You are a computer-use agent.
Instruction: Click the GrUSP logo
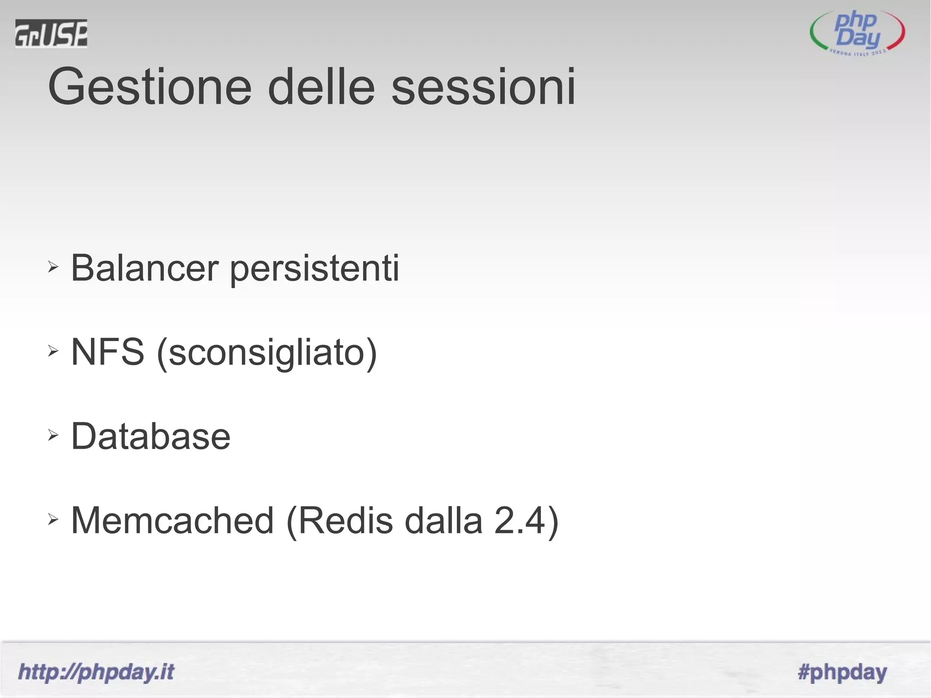pyautogui.click(x=51, y=33)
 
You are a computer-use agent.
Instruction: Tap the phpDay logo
pyautogui.click(x=857, y=33)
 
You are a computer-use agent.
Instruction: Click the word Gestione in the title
pyautogui.click(x=150, y=87)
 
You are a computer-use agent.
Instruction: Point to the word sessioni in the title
pyautogui.click(x=483, y=87)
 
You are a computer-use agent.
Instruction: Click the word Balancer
pyautogui.click(x=145, y=268)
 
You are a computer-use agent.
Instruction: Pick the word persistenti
pyautogui.click(x=314, y=269)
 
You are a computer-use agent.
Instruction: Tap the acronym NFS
pyautogui.click(x=108, y=352)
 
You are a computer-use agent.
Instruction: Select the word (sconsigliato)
pyautogui.click(x=267, y=353)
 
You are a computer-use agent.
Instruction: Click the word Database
pyautogui.click(x=151, y=436)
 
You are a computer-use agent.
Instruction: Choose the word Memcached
pyautogui.click(x=172, y=520)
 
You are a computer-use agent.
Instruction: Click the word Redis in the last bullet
pyautogui.click(x=345, y=520)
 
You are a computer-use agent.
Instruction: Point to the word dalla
pyautogui.click(x=443, y=520)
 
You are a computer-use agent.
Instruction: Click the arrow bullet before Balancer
pyautogui.click(x=53, y=267)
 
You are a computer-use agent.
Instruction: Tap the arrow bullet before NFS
pyautogui.click(x=53, y=351)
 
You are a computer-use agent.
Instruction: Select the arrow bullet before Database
pyautogui.click(x=53, y=435)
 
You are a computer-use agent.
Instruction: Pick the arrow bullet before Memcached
pyautogui.click(x=53, y=519)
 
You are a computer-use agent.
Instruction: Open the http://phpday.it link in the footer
pyautogui.click(x=96, y=672)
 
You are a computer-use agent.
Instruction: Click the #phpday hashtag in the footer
pyautogui.click(x=842, y=672)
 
